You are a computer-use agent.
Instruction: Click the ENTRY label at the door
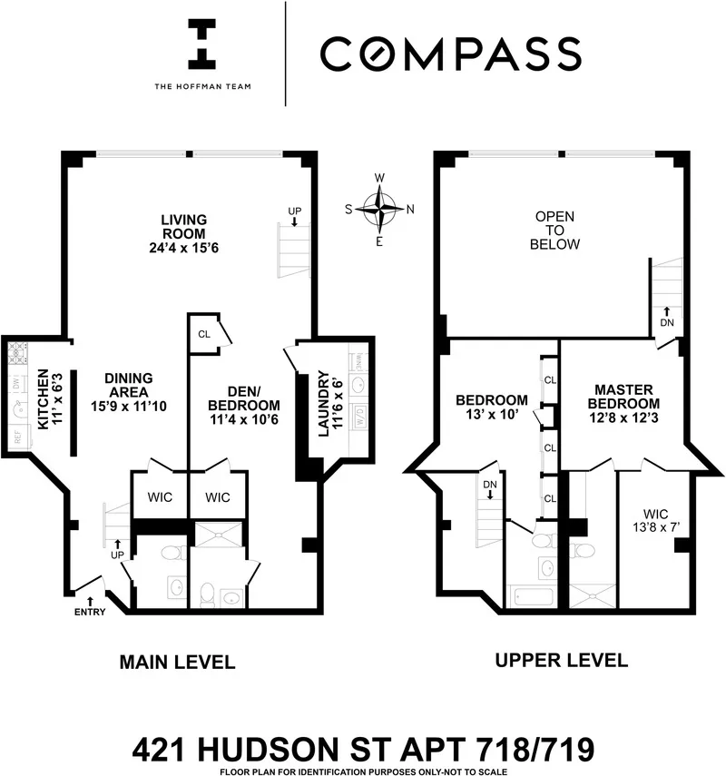[x=91, y=611]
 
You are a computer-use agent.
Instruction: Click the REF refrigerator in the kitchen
[x=16, y=436]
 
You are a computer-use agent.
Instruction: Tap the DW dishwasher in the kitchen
[x=16, y=383]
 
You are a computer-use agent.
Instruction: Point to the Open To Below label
[x=556, y=231]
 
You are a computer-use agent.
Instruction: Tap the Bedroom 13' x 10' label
[x=491, y=407]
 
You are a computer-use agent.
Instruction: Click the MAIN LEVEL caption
[x=177, y=663]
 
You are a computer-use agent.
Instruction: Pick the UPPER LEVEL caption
[x=561, y=660]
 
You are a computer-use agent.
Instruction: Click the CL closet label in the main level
[x=204, y=333]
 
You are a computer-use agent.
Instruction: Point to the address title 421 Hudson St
[x=363, y=750]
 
